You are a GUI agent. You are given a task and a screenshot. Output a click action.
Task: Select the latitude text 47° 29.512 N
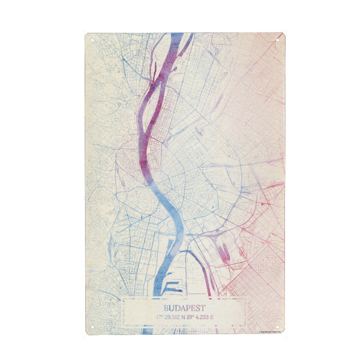169,316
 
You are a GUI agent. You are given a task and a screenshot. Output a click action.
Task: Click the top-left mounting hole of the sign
93,41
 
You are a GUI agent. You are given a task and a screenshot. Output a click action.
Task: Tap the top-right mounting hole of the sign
277,41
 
